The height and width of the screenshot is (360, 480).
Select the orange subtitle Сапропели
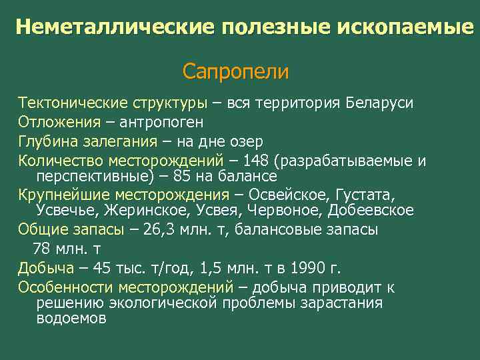(235, 71)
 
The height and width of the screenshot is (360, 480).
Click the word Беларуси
(379, 103)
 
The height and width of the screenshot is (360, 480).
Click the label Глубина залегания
(87, 142)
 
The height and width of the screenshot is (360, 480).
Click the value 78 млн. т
(67, 249)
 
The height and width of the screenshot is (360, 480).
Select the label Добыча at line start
(45, 269)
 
